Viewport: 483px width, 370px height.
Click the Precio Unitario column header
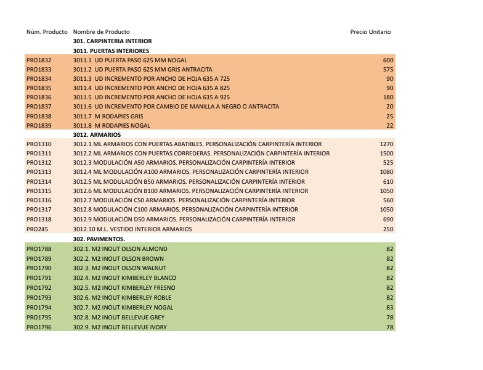370,32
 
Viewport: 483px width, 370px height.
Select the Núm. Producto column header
47,32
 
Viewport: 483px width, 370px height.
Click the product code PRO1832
39,60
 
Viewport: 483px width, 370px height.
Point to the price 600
388,60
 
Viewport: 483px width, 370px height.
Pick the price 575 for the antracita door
388,69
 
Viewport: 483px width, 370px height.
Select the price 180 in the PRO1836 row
388,97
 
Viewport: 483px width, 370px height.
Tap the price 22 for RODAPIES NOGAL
389,125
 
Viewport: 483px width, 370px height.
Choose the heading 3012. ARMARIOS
97,134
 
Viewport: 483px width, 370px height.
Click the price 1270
386,144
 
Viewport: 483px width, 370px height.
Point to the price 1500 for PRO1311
386,153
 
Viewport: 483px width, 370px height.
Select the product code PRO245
36,229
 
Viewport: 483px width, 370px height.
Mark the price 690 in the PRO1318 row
388,219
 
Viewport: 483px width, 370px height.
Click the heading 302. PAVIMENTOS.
99,238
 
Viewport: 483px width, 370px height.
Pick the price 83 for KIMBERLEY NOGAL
389,307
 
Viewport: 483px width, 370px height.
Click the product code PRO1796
39,327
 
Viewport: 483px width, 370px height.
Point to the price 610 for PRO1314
388,181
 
